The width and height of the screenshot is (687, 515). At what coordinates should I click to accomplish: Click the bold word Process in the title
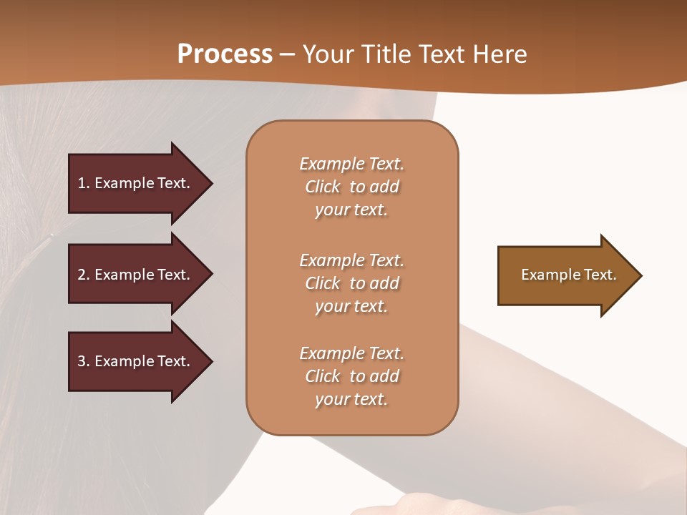tap(225, 54)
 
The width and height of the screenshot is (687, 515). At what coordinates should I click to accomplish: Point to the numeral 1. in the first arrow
tap(84, 183)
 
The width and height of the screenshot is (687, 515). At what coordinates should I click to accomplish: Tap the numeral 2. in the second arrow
tap(84, 275)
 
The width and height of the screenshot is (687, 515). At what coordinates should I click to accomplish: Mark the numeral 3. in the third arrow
tap(84, 361)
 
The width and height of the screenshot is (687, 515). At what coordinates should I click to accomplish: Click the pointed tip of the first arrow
tap(208, 183)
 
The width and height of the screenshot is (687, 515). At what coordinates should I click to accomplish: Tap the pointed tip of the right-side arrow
tap(638, 275)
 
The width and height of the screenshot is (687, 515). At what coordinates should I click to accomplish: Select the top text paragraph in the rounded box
tap(351, 187)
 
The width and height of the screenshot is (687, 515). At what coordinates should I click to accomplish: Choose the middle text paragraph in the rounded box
tap(351, 283)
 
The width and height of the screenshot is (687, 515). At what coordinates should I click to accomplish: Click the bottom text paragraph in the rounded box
tap(351, 376)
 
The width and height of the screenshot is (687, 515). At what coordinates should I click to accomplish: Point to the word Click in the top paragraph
tap(323, 187)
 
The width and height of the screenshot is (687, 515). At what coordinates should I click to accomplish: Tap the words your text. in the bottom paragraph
tap(351, 400)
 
